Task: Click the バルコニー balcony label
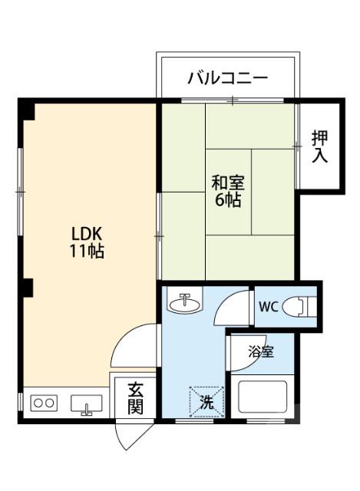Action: pos(227,77)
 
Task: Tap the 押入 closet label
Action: pos(319,147)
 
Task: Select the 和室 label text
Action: pos(228,183)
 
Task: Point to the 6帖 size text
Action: pos(228,201)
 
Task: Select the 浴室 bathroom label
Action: pos(260,352)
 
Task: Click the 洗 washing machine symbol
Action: pos(207,400)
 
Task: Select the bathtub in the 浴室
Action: pos(264,397)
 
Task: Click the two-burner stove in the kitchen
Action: pos(43,403)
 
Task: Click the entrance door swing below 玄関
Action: pos(126,435)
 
